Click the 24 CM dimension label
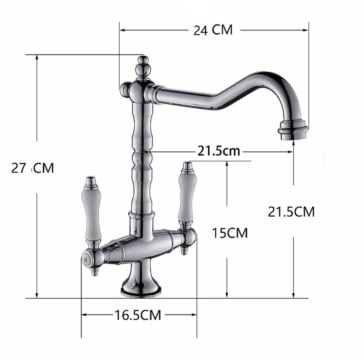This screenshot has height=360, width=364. pyautogui.click(x=213, y=30)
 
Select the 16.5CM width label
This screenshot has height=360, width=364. pyautogui.click(x=138, y=315)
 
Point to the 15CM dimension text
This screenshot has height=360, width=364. pyautogui.click(x=230, y=233)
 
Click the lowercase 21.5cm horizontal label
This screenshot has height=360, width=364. pyautogui.click(x=219, y=151)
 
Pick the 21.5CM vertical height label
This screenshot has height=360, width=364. pyautogui.click(x=291, y=211)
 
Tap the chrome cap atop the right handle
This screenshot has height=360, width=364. pyautogui.click(x=188, y=167)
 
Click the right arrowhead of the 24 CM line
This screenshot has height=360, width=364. pyautogui.click(x=306, y=30)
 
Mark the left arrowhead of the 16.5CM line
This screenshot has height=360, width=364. pyautogui.click(x=83, y=315)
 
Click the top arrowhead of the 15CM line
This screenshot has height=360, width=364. pyautogui.click(x=227, y=164)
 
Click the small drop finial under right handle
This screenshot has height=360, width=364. pyautogui.click(x=184, y=250)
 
